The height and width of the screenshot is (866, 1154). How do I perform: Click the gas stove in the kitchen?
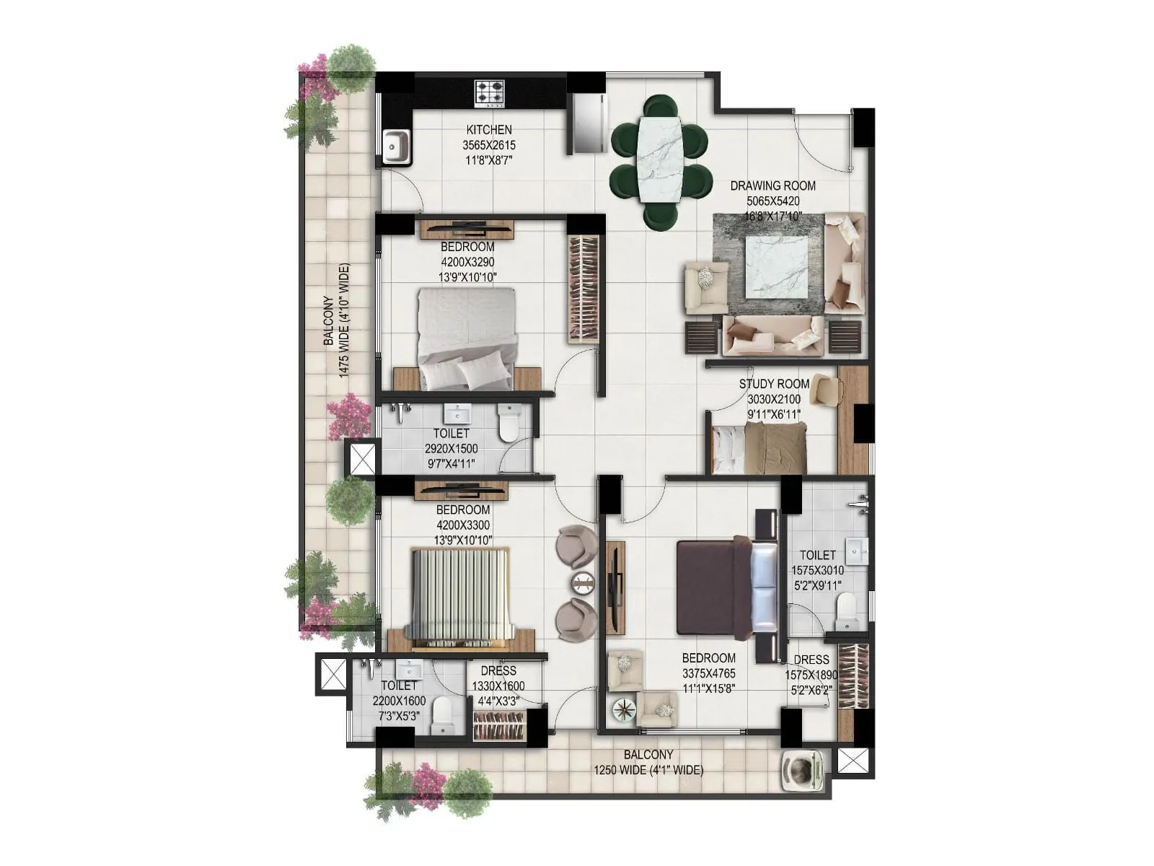tap(489, 94)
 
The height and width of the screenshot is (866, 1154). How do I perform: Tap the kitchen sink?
tap(395, 147)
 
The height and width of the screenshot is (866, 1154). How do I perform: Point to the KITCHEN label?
tap(489, 130)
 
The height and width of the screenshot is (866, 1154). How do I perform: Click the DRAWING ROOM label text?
tap(772, 185)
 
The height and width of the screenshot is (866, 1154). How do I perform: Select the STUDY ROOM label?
tap(773, 384)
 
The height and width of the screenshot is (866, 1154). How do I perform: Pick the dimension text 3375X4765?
tap(709, 673)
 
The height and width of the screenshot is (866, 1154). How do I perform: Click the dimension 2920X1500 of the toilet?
tap(451, 449)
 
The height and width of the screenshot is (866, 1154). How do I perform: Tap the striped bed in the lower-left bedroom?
tap(460, 595)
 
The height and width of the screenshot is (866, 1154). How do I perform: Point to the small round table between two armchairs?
tap(581, 583)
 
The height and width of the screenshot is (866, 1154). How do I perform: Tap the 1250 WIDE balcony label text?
tap(648, 770)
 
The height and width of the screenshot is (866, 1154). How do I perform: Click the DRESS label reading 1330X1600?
tap(498, 686)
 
